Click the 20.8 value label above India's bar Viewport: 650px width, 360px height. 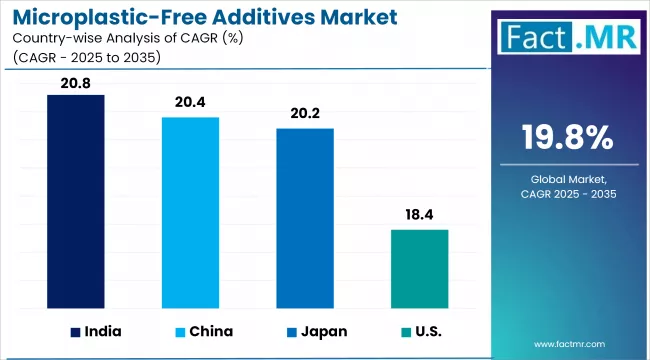[x=76, y=84]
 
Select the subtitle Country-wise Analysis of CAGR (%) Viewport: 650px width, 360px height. [x=112, y=39]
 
